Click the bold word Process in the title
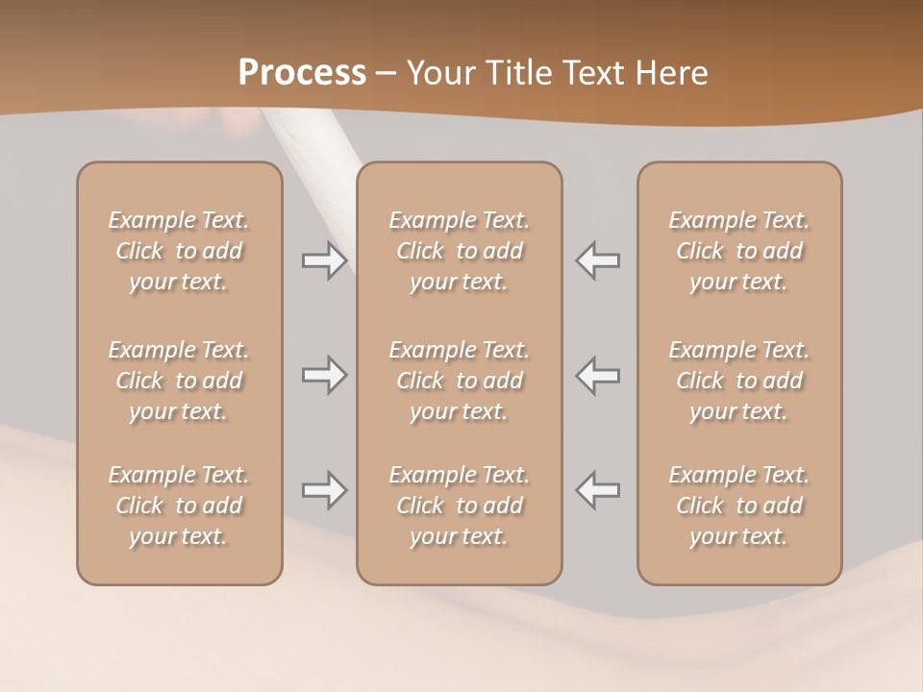(x=302, y=73)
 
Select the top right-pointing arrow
(x=325, y=260)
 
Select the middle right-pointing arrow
(x=325, y=375)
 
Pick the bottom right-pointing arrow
(x=325, y=490)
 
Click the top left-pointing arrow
(x=597, y=260)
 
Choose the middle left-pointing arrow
(x=597, y=375)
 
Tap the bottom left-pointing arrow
(x=597, y=490)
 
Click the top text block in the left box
(x=179, y=251)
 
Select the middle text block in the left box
(x=179, y=381)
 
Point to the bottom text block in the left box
(x=179, y=506)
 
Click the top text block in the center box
(x=459, y=251)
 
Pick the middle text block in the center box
(x=459, y=381)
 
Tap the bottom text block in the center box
(x=459, y=506)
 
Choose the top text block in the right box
(x=738, y=251)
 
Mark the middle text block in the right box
(x=738, y=381)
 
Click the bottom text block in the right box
(x=738, y=506)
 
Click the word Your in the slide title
(x=438, y=73)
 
